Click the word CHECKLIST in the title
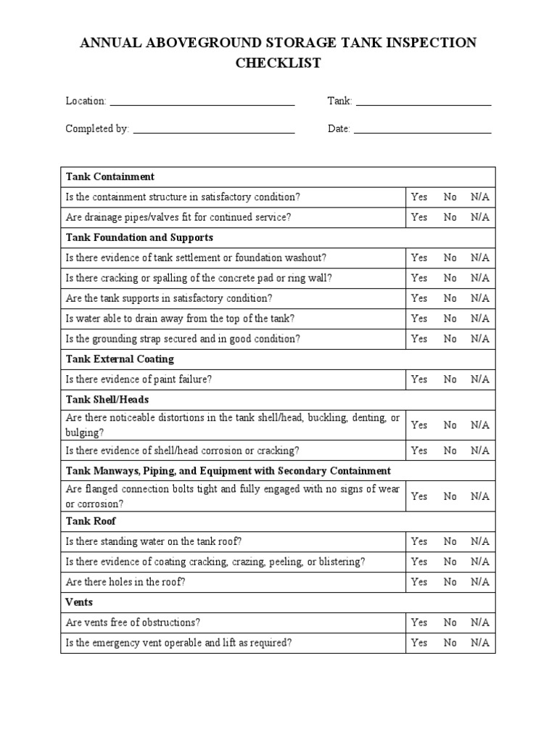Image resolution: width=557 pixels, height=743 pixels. [x=278, y=63]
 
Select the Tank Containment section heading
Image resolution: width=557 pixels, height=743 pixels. [x=110, y=176]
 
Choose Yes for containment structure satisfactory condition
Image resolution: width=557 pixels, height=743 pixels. [x=419, y=197]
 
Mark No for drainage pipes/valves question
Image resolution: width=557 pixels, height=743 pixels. [x=450, y=217]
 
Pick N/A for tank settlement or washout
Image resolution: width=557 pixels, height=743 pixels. [x=479, y=258]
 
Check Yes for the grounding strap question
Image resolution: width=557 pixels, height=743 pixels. [x=419, y=339]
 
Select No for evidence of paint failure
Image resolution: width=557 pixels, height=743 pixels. [x=450, y=379]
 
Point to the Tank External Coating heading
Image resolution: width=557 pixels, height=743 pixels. [x=120, y=359]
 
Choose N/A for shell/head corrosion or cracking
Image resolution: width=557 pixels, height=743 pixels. [x=479, y=451]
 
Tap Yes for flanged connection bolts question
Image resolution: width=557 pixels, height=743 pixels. [x=419, y=496]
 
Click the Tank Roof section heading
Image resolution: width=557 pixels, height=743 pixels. [x=91, y=521]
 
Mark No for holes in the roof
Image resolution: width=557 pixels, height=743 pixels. [x=450, y=582]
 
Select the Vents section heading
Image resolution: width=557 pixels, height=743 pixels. [x=79, y=602]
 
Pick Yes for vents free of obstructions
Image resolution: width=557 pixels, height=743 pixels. [x=419, y=623]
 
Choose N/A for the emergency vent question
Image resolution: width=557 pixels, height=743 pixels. [x=479, y=643]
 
